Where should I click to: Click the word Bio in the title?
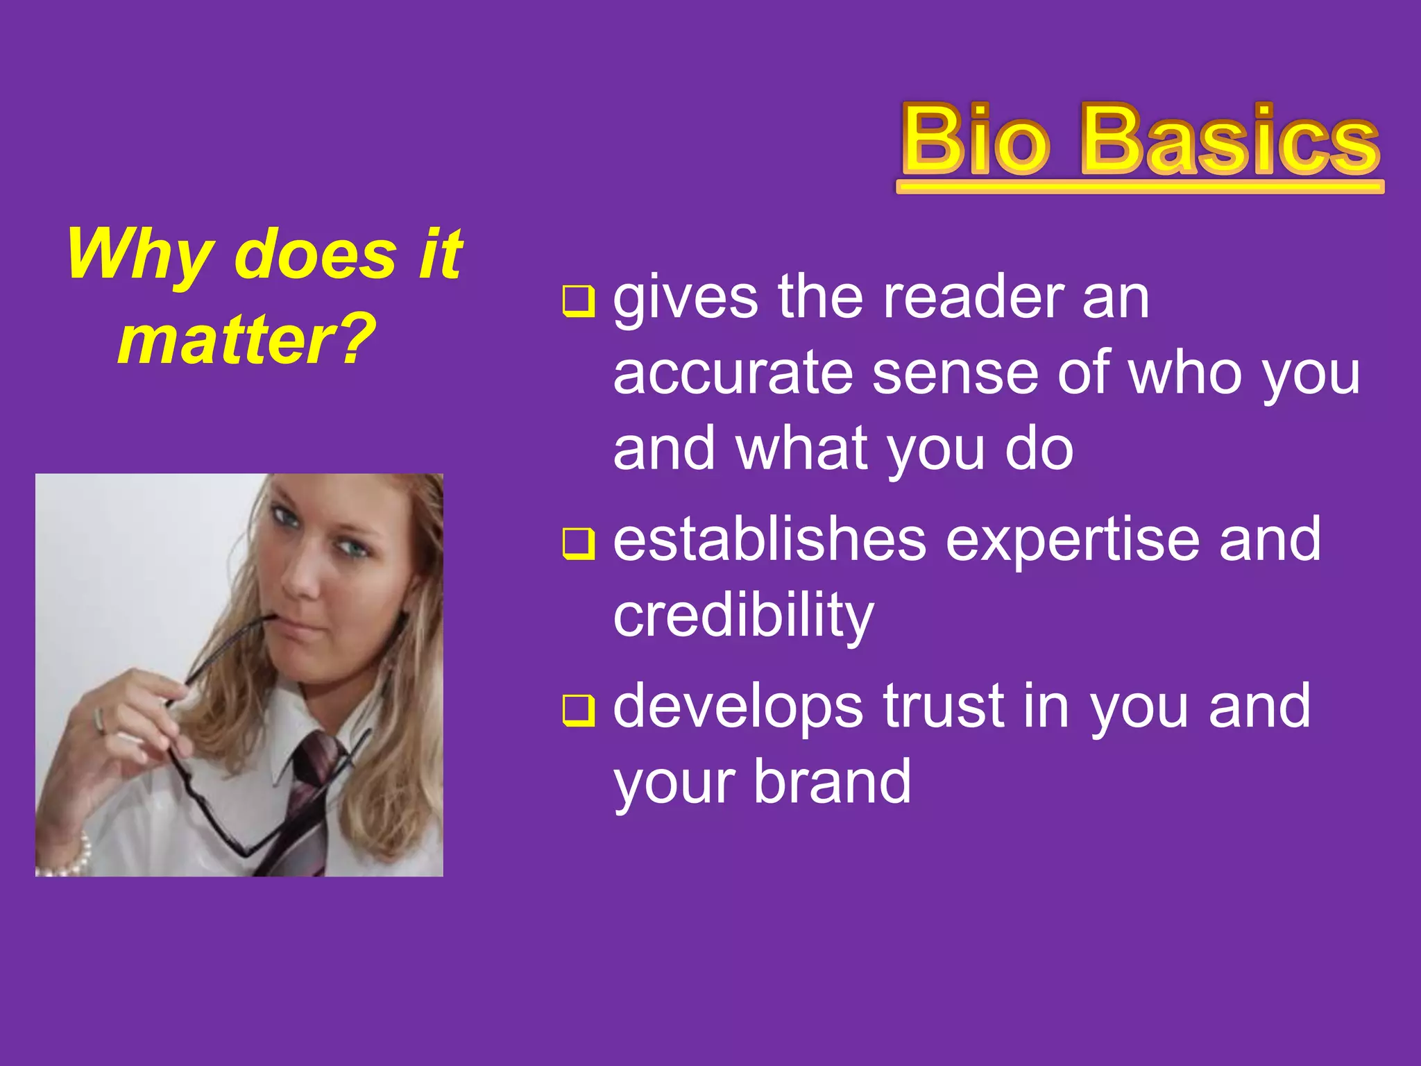pos(975,140)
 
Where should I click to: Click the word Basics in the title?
pos(1229,140)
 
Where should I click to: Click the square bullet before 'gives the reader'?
pos(578,301)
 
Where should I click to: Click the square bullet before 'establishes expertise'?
pos(578,543)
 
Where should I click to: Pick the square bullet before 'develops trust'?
pos(578,710)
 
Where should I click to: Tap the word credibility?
pos(743,616)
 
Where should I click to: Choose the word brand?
pos(832,781)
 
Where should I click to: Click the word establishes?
pos(769,540)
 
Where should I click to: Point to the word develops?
pos(738,708)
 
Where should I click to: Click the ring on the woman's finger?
pos(99,721)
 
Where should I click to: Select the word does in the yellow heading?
pos(316,255)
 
